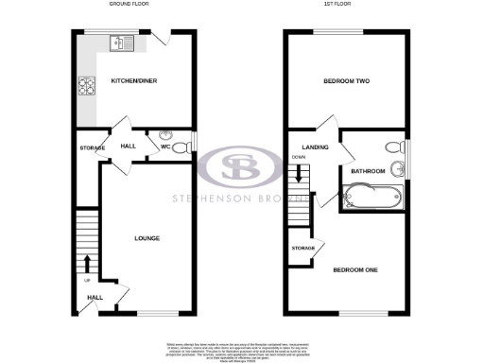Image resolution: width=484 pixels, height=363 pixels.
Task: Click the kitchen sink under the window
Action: [123, 43]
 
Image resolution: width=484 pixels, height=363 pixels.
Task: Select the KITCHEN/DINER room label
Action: [133, 81]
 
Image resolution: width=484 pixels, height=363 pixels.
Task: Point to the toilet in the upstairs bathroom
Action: [393, 147]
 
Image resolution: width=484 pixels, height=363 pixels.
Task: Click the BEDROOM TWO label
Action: [347, 81]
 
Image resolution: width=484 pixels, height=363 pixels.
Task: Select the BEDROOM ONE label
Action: [354, 270]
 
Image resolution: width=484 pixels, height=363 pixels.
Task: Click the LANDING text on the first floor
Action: [314, 147]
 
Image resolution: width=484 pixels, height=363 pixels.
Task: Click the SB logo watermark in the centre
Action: [242, 168]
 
